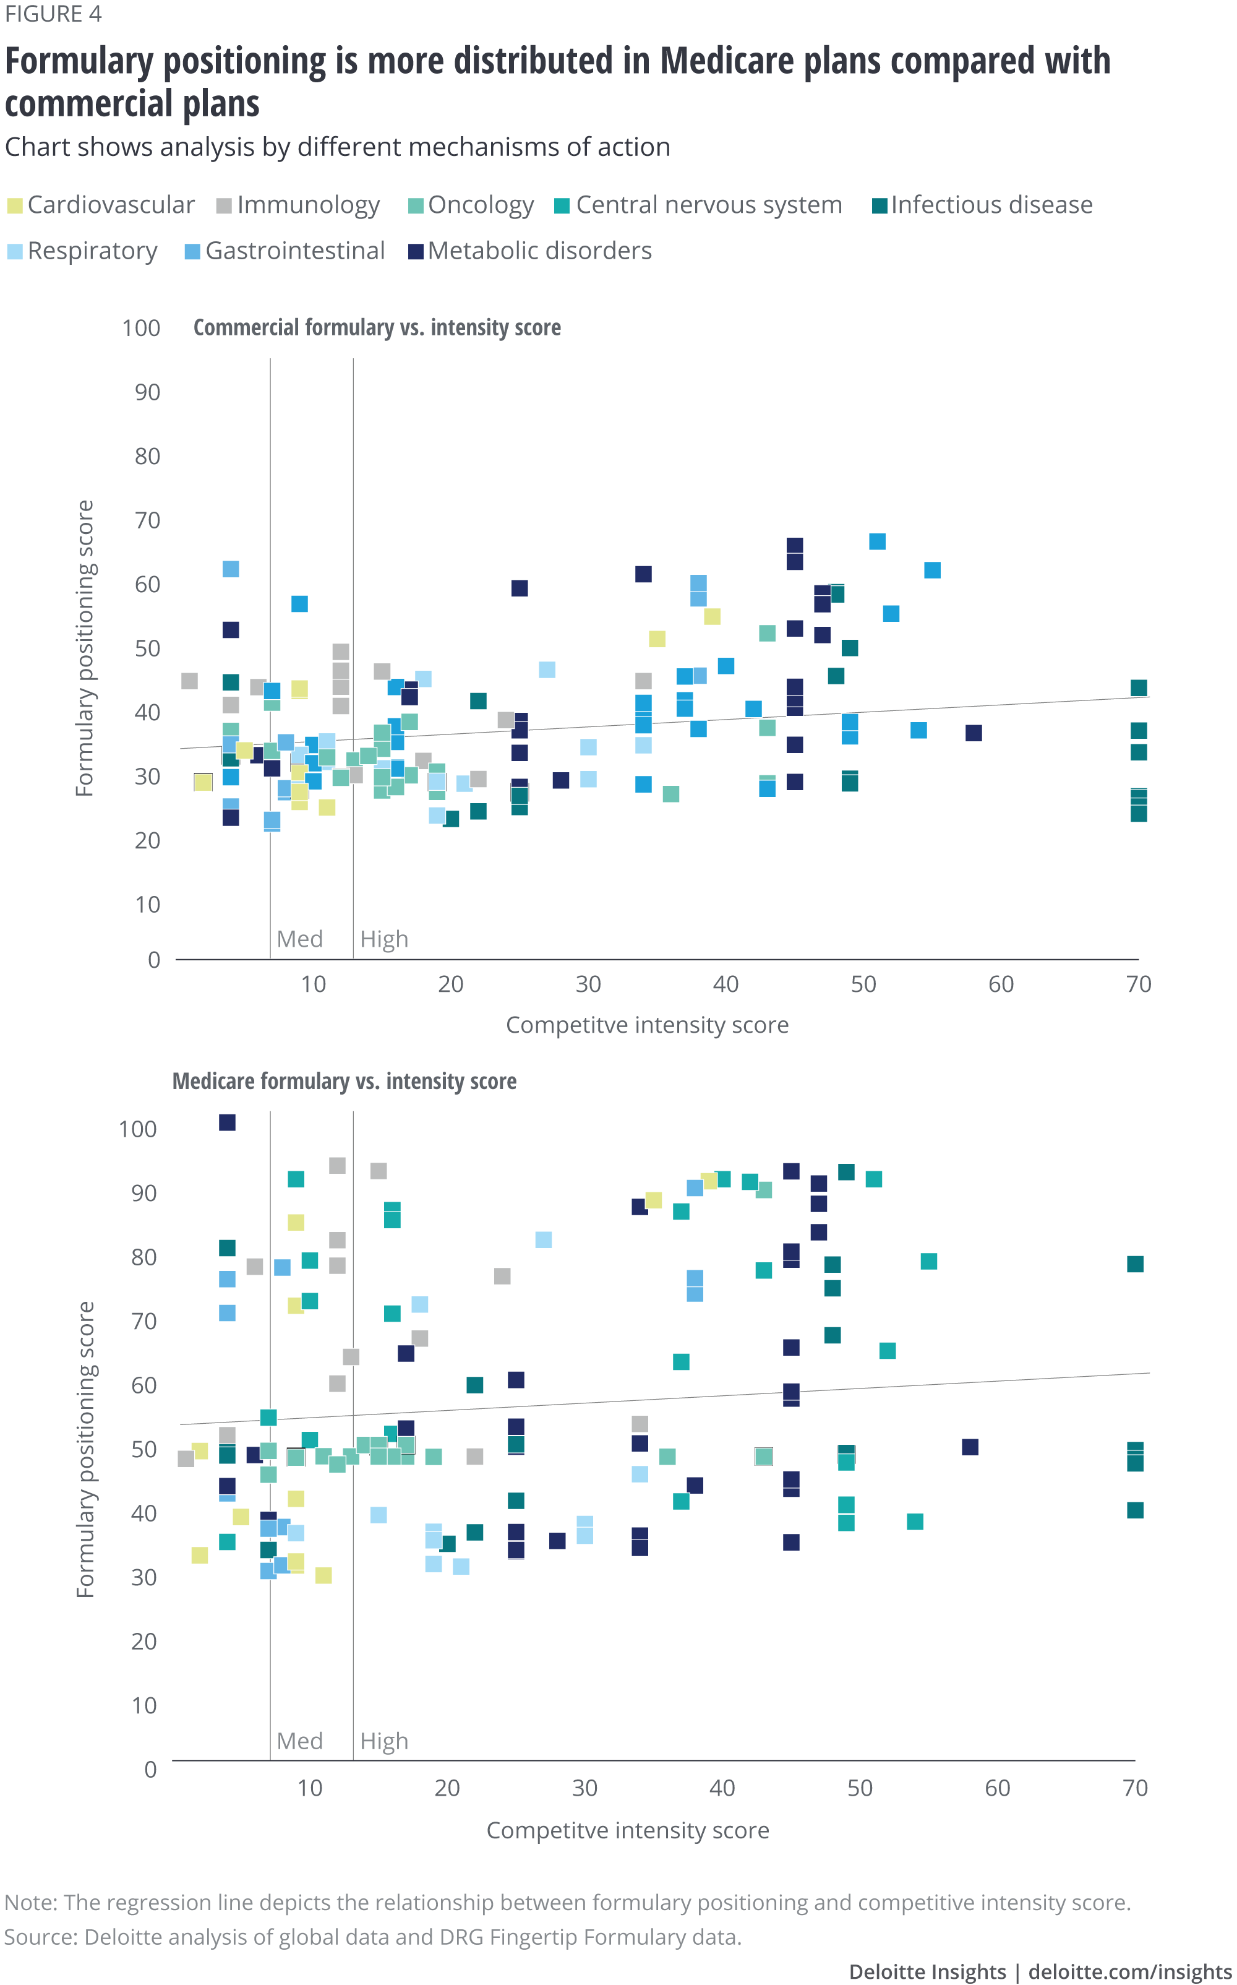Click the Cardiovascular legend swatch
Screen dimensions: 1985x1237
click(15, 205)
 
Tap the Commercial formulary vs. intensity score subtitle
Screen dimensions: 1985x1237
click(377, 327)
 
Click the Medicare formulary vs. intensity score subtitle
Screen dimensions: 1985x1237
click(345, 1081)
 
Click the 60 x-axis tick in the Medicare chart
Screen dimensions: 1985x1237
click(997, 1788)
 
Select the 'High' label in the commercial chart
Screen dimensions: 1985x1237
click(383, 939)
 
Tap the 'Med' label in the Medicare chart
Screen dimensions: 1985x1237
click(299, 1741)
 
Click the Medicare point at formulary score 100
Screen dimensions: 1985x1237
click(228, 1122)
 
